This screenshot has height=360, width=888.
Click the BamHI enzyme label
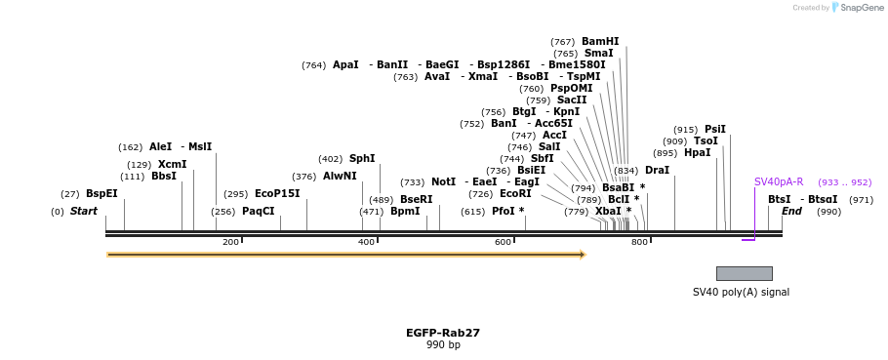600,41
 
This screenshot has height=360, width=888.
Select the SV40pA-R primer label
778,181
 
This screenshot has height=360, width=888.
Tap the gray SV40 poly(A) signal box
744,273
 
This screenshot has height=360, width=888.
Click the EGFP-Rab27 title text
443,333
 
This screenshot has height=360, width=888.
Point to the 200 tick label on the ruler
230,242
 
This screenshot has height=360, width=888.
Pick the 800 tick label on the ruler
639,242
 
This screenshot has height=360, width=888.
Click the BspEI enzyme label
101,193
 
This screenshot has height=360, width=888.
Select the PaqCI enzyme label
259,211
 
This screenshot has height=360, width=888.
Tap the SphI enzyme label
362,158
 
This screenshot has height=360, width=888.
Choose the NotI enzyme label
443,181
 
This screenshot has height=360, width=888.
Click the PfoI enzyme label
503,211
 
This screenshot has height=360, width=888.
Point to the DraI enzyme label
657,170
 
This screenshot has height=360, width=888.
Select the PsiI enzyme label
715,129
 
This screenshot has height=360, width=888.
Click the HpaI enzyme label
697,152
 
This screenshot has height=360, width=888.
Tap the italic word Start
84,211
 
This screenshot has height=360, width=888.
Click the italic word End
791,211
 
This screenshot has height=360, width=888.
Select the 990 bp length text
443,344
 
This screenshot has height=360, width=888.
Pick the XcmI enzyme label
172,164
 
